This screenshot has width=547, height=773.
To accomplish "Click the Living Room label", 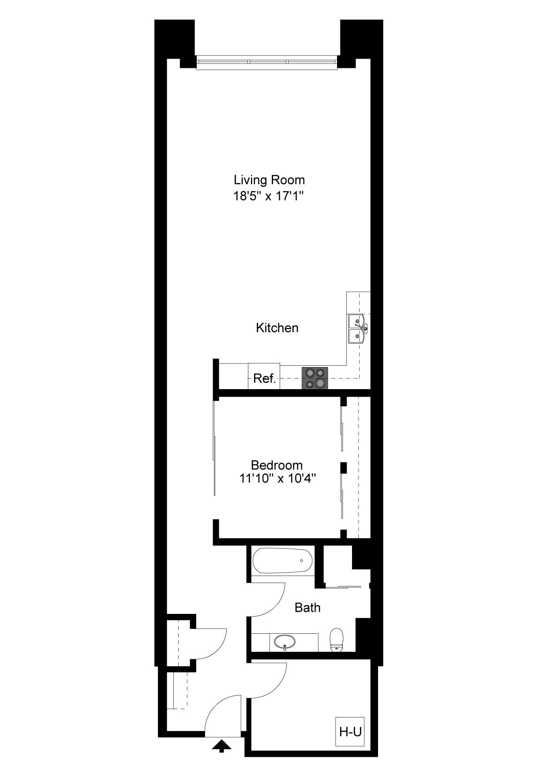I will click(x=269, y=180).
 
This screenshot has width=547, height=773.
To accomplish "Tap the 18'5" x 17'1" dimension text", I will click(x=269, y=196).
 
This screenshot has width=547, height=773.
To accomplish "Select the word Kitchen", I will click(x=277, y=328).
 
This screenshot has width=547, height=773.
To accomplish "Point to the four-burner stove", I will click(x=315, y=378).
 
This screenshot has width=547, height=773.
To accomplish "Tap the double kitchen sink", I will click(x=357, y=328).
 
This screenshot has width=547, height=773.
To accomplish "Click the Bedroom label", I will click(x=277, y=465).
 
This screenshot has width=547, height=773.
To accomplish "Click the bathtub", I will click(x=283, y=561).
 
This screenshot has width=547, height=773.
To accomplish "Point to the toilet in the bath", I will click(x=337, y=639).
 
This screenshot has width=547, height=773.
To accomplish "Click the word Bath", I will click(x=307, y=608).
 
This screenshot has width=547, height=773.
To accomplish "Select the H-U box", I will click(x=350, y=732).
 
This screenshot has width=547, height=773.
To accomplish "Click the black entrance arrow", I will click(x=221, y=746).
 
